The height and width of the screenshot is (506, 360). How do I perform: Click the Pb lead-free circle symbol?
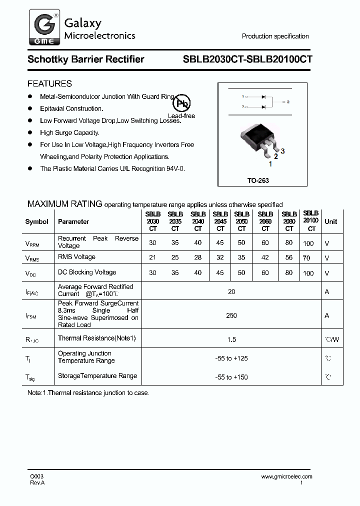coord(182,104)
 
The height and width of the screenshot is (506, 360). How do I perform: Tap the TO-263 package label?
coord(258,180)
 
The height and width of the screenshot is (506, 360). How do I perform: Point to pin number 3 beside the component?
coord(282,151)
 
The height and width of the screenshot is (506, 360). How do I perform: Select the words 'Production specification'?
coord(275,36)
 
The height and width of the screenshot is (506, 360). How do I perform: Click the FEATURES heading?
coord(49,83)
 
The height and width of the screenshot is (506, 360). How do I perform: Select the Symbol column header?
coord(37,221)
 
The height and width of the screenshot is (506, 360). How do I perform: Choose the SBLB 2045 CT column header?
coord(220,221)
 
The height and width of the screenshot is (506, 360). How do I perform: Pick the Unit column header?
coord(330,221)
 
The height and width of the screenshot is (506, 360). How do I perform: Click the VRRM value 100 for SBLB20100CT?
coord(308,243)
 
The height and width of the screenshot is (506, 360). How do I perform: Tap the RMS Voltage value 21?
coord(152,257)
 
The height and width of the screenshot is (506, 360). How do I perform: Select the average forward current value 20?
coord(231,291)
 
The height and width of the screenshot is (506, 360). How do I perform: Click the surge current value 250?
coord(231,315)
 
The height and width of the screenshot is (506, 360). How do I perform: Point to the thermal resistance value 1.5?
coord(231,340)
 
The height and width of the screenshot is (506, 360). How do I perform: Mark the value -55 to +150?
coord(231,377)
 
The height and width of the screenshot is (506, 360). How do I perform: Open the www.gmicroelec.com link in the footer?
coord(286,477)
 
